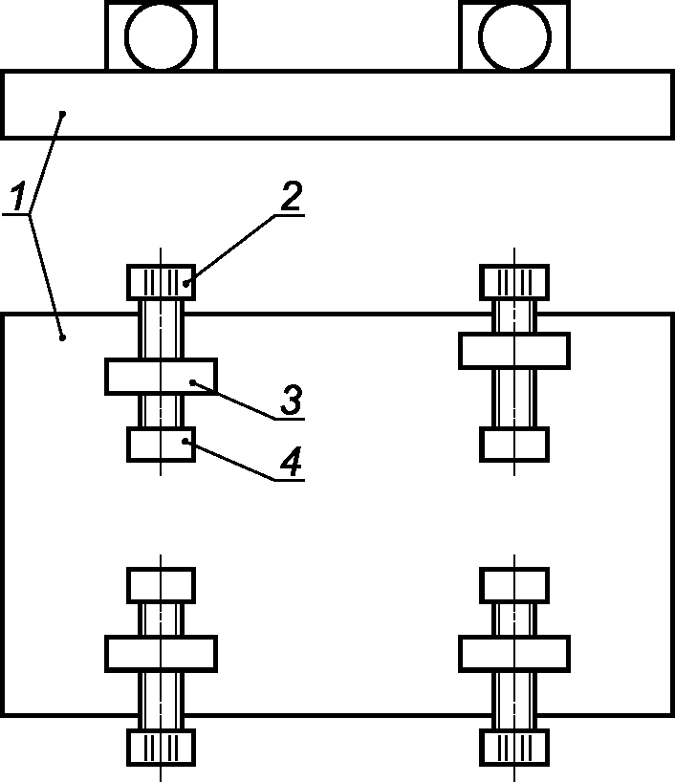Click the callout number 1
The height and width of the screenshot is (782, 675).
(18, 197)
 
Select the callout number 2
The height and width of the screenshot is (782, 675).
(292, 196)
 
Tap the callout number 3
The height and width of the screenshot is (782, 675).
(292, 400)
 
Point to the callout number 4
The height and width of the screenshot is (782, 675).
(292, 462)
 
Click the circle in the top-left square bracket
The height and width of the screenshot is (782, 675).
(161, 36)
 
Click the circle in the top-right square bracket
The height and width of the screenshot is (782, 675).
(515, 36)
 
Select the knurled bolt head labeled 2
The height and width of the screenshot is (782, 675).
(161, 282)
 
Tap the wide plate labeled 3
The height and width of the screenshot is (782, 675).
(161, 377)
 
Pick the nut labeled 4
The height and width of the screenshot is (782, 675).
(161, 444)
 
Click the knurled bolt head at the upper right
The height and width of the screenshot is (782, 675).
(514, 282)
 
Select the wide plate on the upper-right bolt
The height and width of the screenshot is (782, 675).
(514, 351)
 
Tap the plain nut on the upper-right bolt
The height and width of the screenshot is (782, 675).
(514, 444)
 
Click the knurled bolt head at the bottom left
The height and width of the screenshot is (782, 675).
(161, 747)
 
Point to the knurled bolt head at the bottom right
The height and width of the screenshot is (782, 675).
(514, 747)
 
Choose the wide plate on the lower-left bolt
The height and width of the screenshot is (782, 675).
(161, 653)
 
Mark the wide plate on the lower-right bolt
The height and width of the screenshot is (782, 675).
(514, 653)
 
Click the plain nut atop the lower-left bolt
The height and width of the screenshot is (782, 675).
(161, 584)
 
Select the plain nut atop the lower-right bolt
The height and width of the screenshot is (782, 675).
(514, 584)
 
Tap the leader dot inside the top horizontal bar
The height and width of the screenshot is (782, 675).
(63, 114)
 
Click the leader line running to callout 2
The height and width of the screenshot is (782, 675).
(230, 250)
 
